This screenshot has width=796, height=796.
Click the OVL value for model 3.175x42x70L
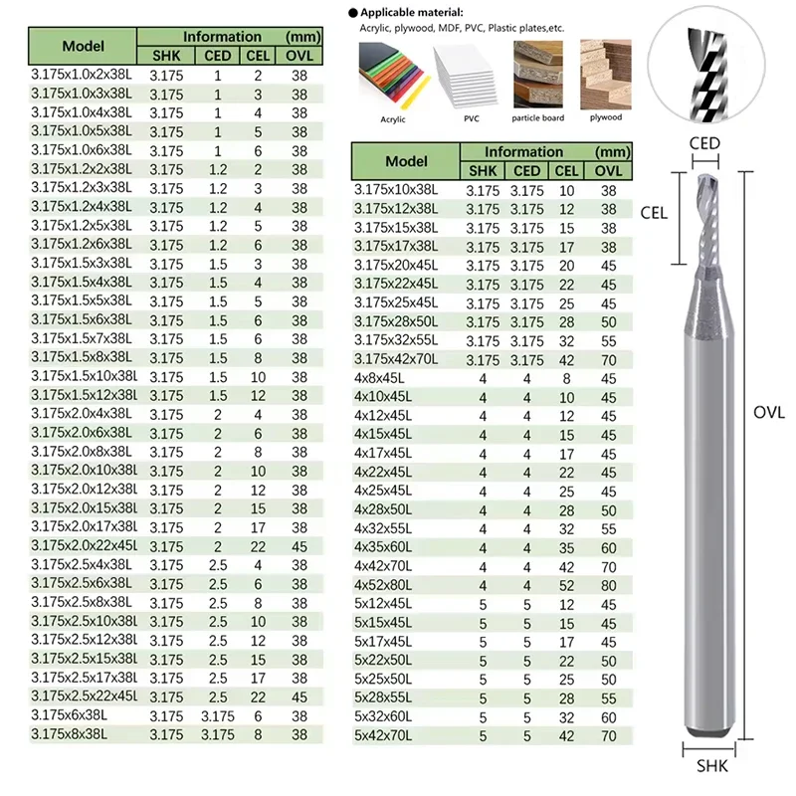point(608,359)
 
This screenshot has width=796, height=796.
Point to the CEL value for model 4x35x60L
point(566,547)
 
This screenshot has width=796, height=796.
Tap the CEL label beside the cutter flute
point(654,211)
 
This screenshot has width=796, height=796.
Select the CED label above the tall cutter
point(704,143)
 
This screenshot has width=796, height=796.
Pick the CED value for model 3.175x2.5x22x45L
point(219,696)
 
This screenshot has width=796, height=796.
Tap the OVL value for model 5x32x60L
point(608,717)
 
